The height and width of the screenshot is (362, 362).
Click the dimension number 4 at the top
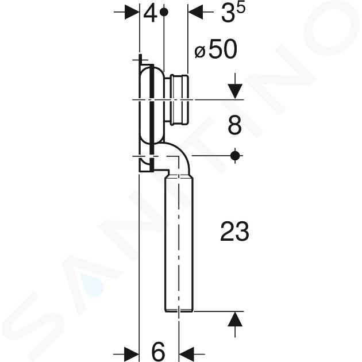click(150, 14)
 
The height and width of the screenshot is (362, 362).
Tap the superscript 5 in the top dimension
click(241, 9)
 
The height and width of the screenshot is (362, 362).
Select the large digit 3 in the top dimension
click(228, 14)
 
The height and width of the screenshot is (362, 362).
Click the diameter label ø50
click(215, 49)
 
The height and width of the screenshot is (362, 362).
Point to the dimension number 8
click(235, 125)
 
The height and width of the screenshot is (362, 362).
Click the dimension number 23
click(235, 231)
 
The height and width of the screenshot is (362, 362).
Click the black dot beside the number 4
click(164, 11)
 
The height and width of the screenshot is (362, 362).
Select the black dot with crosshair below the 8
click(235, 156)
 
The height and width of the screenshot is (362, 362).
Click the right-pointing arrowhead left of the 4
click(132, 11)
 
